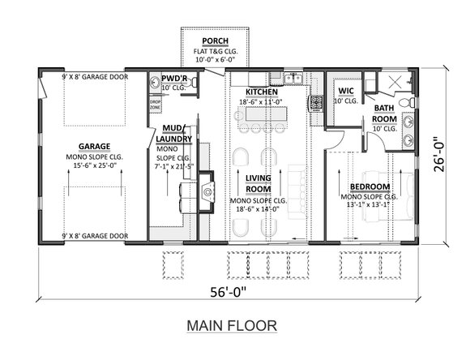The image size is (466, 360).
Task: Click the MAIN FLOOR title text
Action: click(232, 325)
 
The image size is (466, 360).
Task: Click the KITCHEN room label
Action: click(262, 92)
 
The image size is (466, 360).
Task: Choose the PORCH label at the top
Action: click(215, 41)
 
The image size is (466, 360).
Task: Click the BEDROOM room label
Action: click(369, 186)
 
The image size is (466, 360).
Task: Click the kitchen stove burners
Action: click(314, 102)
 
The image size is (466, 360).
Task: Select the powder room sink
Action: click(155, 83)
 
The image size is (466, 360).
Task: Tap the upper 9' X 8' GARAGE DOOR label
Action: click(95, 76)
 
